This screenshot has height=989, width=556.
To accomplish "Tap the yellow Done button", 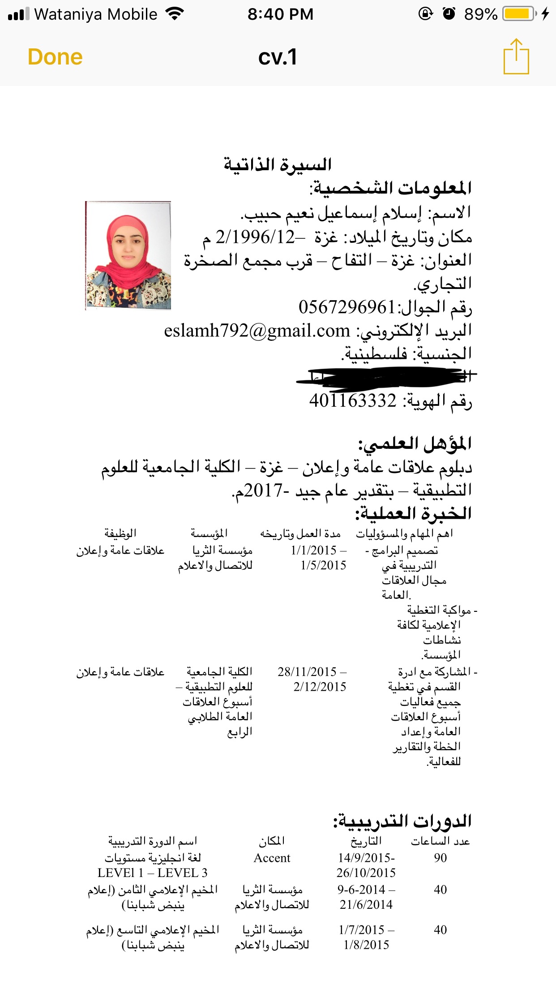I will (x=55, y=57).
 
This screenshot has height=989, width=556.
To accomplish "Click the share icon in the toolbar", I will (x=516, y=57).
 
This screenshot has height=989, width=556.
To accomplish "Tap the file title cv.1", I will (x=278, y=57).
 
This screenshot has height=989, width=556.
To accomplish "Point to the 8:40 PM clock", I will (x=280, y=14).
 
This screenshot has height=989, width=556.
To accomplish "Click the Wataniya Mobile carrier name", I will (x=96, y=14).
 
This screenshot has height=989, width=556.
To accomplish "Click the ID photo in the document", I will (x=128, y=255).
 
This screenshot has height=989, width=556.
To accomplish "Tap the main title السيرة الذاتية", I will (x=278, y=164).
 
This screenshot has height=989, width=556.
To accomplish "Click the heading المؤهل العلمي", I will (x=415, y=444).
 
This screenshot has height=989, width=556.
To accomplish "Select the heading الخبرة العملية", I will (x=413, y=513).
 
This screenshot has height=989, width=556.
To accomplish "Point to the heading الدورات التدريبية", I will (x=402, y=821).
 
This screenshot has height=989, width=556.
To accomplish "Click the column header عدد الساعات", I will (x=441, y=841).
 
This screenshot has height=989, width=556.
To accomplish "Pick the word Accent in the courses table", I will (x=272, y=858).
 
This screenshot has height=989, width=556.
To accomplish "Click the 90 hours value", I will (x=440, y=858).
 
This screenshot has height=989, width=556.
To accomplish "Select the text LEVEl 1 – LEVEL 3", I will (x=152, y=873).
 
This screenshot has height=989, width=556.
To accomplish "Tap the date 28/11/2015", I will (x=307, y=672).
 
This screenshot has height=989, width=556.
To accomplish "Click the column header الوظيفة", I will (x=120, y=533).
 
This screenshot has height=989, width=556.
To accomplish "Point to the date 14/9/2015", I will (x=365, y=858).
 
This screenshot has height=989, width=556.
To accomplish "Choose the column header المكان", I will (x=272, y=841).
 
